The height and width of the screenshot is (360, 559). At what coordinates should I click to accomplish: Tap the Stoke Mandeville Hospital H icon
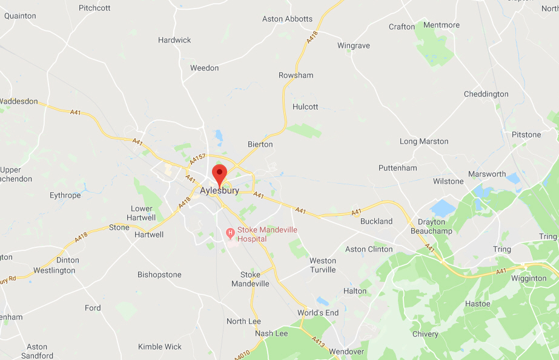[x=230, y=233]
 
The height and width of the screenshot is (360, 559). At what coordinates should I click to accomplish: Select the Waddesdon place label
[x=19, y=101]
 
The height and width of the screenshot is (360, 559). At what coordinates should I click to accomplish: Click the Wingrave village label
[x=353, y=45]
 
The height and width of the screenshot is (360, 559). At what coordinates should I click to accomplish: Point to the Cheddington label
[x=486, y=94]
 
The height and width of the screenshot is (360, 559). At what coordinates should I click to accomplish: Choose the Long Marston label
[x=424, y=141]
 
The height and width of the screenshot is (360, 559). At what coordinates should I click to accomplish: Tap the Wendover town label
[x=346, y=352]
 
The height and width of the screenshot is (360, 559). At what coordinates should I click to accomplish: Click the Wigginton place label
[x=529, y=278]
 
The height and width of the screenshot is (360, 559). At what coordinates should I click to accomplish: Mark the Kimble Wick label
[x=160, y=347]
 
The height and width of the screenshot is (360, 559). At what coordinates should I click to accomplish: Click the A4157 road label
[x=198, y=159]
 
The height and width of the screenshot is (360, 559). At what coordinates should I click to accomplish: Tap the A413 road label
[x=318, y=341]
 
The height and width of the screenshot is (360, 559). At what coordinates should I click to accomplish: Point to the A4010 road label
[x=259, y=350]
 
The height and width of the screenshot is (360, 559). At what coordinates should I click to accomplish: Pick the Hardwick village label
[x=174, y=40]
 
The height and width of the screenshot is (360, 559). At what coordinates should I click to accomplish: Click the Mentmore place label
[x=442, y=25]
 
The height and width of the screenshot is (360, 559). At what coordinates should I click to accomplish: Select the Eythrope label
[x=65, y=195]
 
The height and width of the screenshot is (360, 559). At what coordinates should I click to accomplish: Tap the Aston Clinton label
[x=369, y=249]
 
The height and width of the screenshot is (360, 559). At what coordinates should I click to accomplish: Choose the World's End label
[x=318, y=313]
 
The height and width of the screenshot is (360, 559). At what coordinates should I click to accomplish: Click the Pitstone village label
[x=526, y=135]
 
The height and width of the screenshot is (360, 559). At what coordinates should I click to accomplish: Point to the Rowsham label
[x=296, y=75]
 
